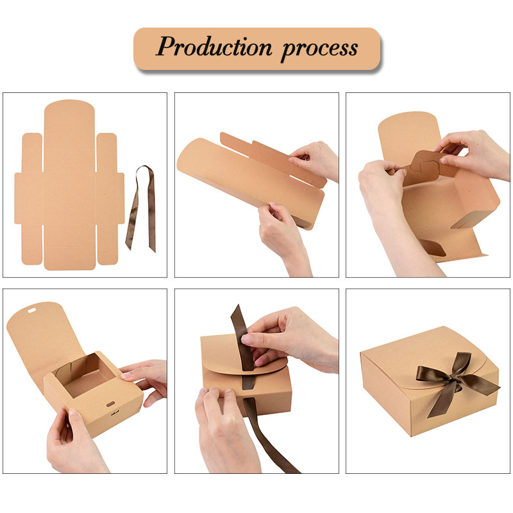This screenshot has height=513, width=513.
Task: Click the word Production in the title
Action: tap(214, 47)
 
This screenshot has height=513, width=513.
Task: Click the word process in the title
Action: tap(319, 49)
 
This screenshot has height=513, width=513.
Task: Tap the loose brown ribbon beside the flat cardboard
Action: tap(141, 209)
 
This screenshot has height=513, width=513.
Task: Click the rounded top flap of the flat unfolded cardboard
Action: tap(69, 124)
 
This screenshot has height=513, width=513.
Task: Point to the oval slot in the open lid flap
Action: tap(31, 310)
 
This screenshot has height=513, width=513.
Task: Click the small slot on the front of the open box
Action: tap(110, 404)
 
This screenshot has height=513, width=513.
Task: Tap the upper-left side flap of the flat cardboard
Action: tap(33, 152)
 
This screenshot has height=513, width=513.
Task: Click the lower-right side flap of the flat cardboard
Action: tap(107, 244)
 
